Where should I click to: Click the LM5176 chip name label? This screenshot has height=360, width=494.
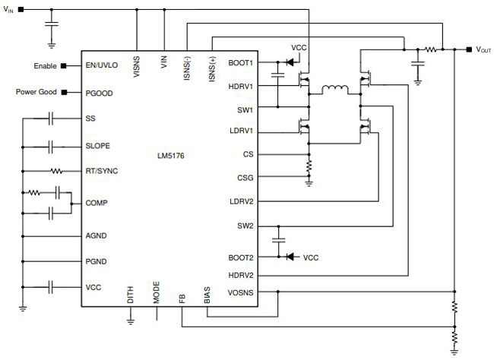coord(171,156)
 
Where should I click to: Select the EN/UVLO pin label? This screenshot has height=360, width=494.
coord(101,65)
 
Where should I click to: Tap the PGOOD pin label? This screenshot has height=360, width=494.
coord(99,93)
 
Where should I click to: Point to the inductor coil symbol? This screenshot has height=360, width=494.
coord(335,90)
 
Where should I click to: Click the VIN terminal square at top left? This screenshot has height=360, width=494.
coord(21,9)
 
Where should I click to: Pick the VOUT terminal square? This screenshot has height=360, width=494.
coord(469,49)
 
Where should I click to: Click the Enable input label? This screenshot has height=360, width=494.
coord(45,66)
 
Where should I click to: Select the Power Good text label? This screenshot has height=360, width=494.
coord(36,92)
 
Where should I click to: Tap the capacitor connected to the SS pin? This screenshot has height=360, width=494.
coord(51,118)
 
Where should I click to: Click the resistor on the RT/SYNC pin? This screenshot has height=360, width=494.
coord(56,172)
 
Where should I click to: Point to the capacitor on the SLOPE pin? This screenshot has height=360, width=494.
coord(51,147)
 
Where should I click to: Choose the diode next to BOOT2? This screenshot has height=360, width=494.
coord(290,257)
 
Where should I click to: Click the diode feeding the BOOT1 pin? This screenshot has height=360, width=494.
coord(290,62)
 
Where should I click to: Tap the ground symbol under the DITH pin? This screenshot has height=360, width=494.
coord(131,321)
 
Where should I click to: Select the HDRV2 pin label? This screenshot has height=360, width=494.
coord(241,275)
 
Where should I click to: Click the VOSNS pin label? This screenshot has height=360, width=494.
coord(241,292)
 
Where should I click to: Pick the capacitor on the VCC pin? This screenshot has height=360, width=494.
coord(51,287)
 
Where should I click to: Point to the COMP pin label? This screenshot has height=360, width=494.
coord(97,203)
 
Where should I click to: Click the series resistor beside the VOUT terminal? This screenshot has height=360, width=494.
coord(430,49)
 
